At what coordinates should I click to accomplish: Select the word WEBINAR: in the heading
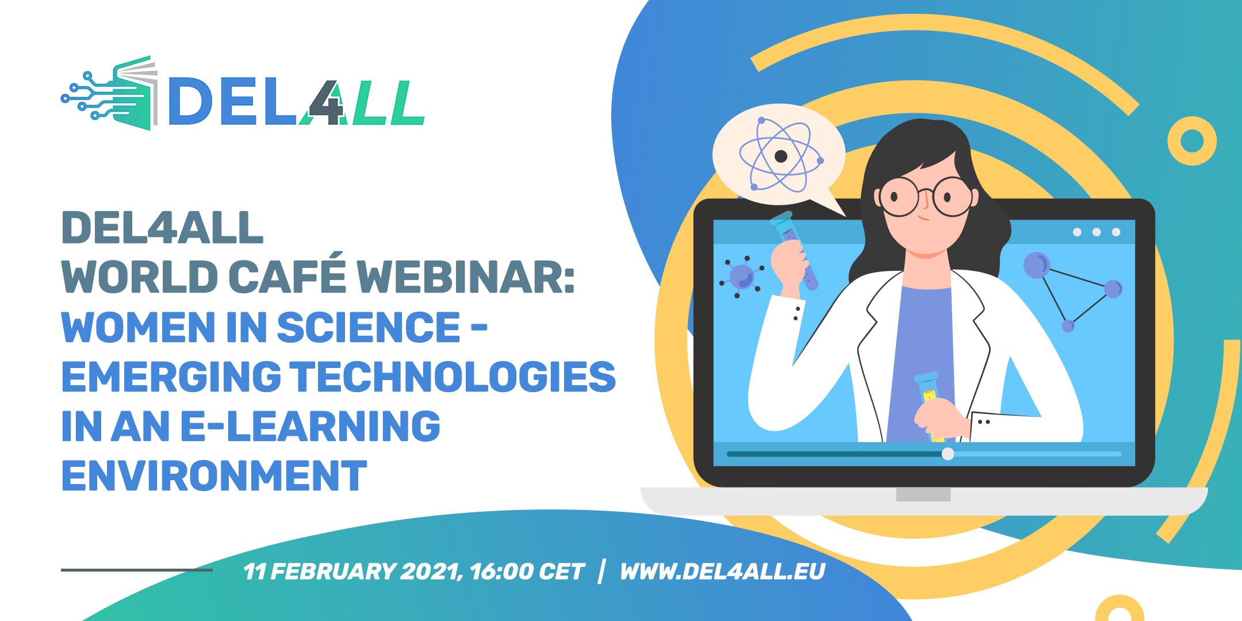click(x=466, y=277)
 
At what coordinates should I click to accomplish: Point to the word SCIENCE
click(x=369, y=327)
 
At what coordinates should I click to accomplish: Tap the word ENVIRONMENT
click(x=214, y=476)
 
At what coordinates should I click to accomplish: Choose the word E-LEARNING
click(x=310, y=426)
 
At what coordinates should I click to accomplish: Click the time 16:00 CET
click(x=526, y=572)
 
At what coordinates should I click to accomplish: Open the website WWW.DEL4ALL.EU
click(x=722, y=572)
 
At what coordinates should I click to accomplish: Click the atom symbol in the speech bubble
click(x=781, y=155)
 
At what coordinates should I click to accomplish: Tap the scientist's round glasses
click(x=926, y=196)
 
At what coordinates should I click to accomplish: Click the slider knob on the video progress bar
click(x=948, y=454)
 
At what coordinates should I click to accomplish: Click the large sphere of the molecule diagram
click(x=1037, y=265)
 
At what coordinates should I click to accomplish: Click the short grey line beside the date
click(x=137, y=570)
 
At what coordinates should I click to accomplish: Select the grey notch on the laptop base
click(x=923, y=494)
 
